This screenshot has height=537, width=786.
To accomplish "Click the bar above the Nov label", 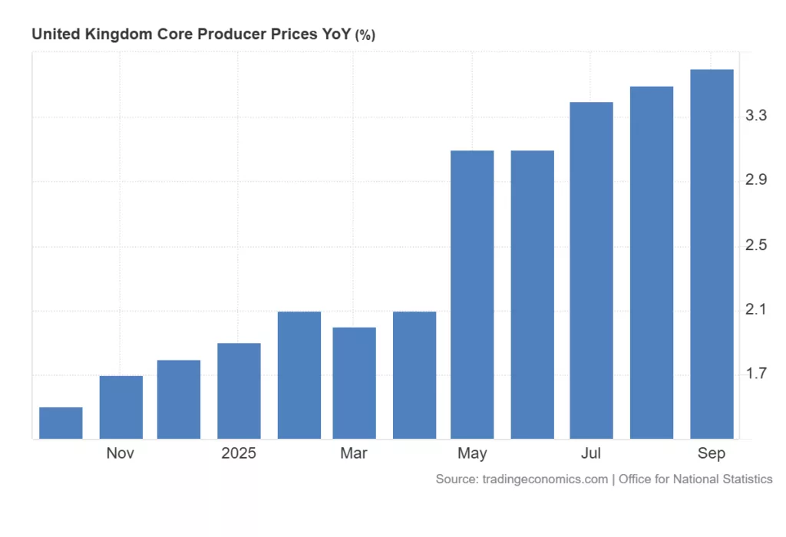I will point(121,407).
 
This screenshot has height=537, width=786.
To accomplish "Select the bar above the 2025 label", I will point(239,390).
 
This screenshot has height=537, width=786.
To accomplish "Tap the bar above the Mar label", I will point(354,383).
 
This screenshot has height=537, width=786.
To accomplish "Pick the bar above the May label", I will point(472,295).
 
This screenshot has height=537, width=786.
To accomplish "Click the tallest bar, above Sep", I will point(712,254).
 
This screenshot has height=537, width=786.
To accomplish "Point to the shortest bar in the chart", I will point(61,423).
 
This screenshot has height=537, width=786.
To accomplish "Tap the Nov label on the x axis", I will point(121,453).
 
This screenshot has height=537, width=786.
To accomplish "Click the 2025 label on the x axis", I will point(239,453).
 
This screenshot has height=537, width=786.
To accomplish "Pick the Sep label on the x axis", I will point(712,453).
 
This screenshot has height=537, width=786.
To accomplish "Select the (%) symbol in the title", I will point(365,35).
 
